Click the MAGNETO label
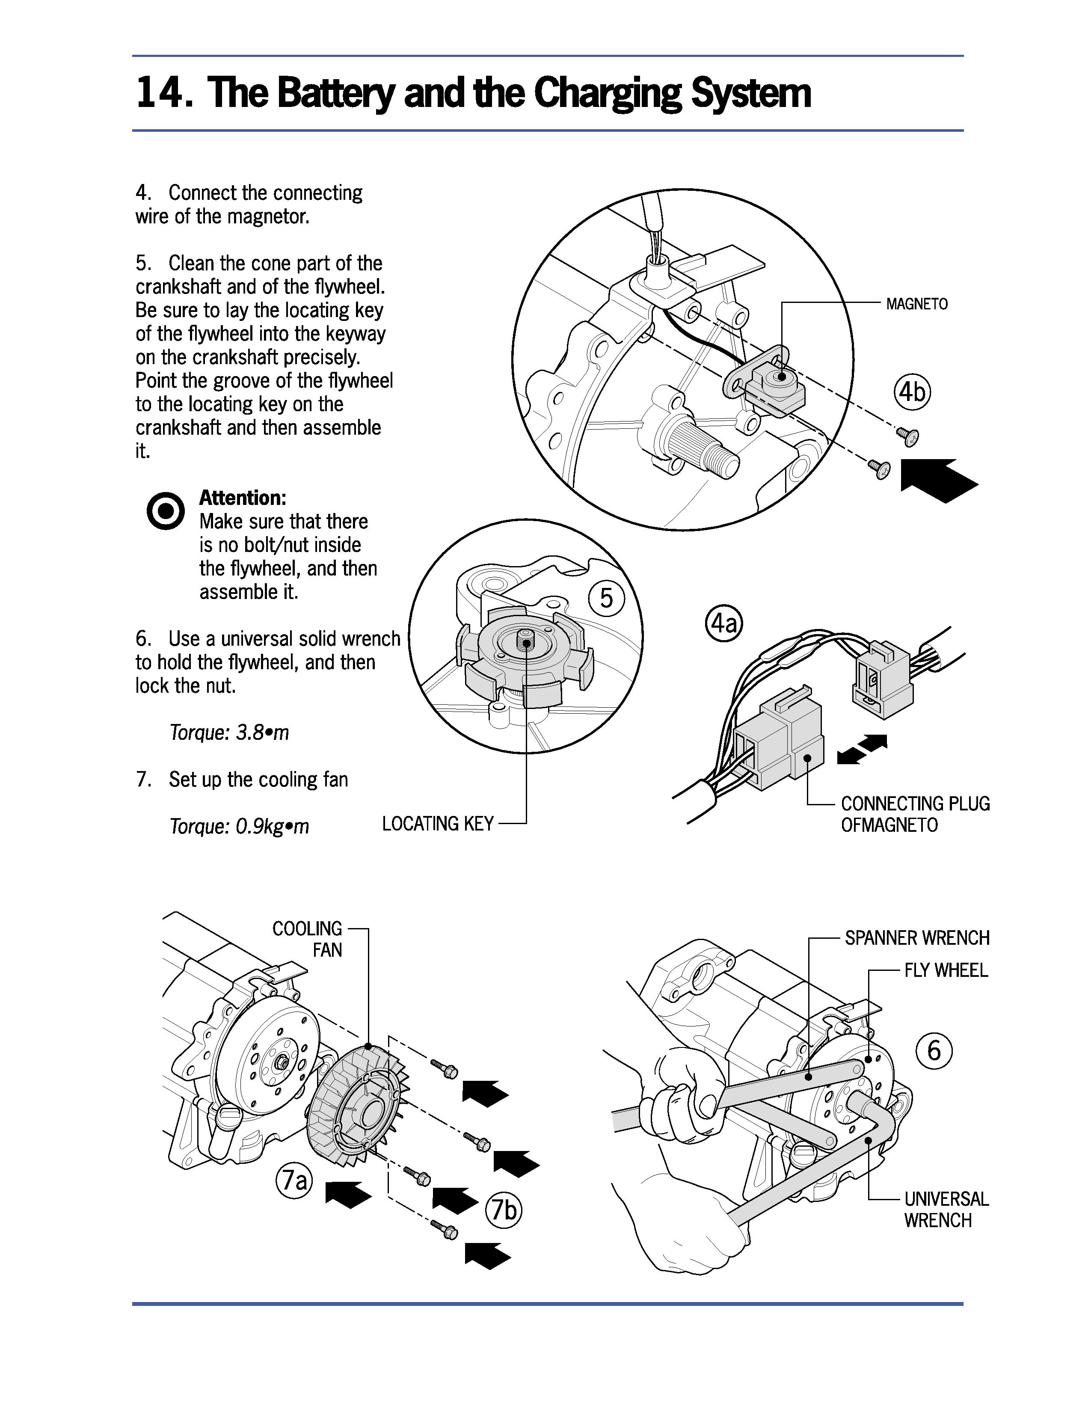point(916,304)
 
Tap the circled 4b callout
point(912,392)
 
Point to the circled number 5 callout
point(606,598)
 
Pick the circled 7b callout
point(504,1210)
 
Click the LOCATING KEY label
point(438,824)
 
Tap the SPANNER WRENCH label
point(916,937)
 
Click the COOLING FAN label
point(308,939)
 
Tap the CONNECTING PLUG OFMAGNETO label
point(915,814)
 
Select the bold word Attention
point(242,498)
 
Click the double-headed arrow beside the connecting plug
point(862,749)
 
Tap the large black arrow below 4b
point(938,481)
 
